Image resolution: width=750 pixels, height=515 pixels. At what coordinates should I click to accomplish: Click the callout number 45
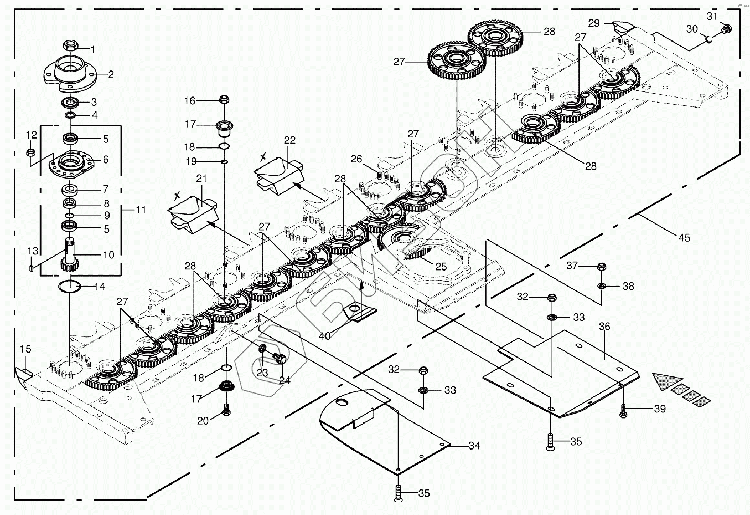pyautogui.click(x=684, y=238)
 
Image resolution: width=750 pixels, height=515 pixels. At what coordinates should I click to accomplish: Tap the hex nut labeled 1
pyautogui.click(x=71, y=45)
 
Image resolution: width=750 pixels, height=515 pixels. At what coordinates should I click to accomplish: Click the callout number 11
pyautogui.click(x=141, y=210)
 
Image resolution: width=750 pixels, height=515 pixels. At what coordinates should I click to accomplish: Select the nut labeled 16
pyautogui.click(x=224, y=100)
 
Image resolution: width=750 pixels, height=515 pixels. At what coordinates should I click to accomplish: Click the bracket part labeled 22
pyautogui.click(x=278, y=174)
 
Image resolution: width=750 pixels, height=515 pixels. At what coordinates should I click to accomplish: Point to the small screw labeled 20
pyautogui.click(x=226, y=411)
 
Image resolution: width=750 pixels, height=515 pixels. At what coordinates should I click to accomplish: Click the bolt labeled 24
pyautogui.click(x=280, y=359)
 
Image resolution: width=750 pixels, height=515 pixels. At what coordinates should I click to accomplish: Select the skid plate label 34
pyautogui.click(x=474, y=445)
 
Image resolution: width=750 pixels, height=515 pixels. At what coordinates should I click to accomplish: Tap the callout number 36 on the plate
pyautogui.click(x=604, y=327)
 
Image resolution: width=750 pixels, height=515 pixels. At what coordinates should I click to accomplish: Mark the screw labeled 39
pyautogui.click(x=625, y=411)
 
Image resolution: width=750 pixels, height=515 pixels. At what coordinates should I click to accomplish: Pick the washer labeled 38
pyautogui.click(x=602, y=286)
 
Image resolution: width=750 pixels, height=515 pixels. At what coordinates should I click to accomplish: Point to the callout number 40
pyautogui.click(x=324, y=336)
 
